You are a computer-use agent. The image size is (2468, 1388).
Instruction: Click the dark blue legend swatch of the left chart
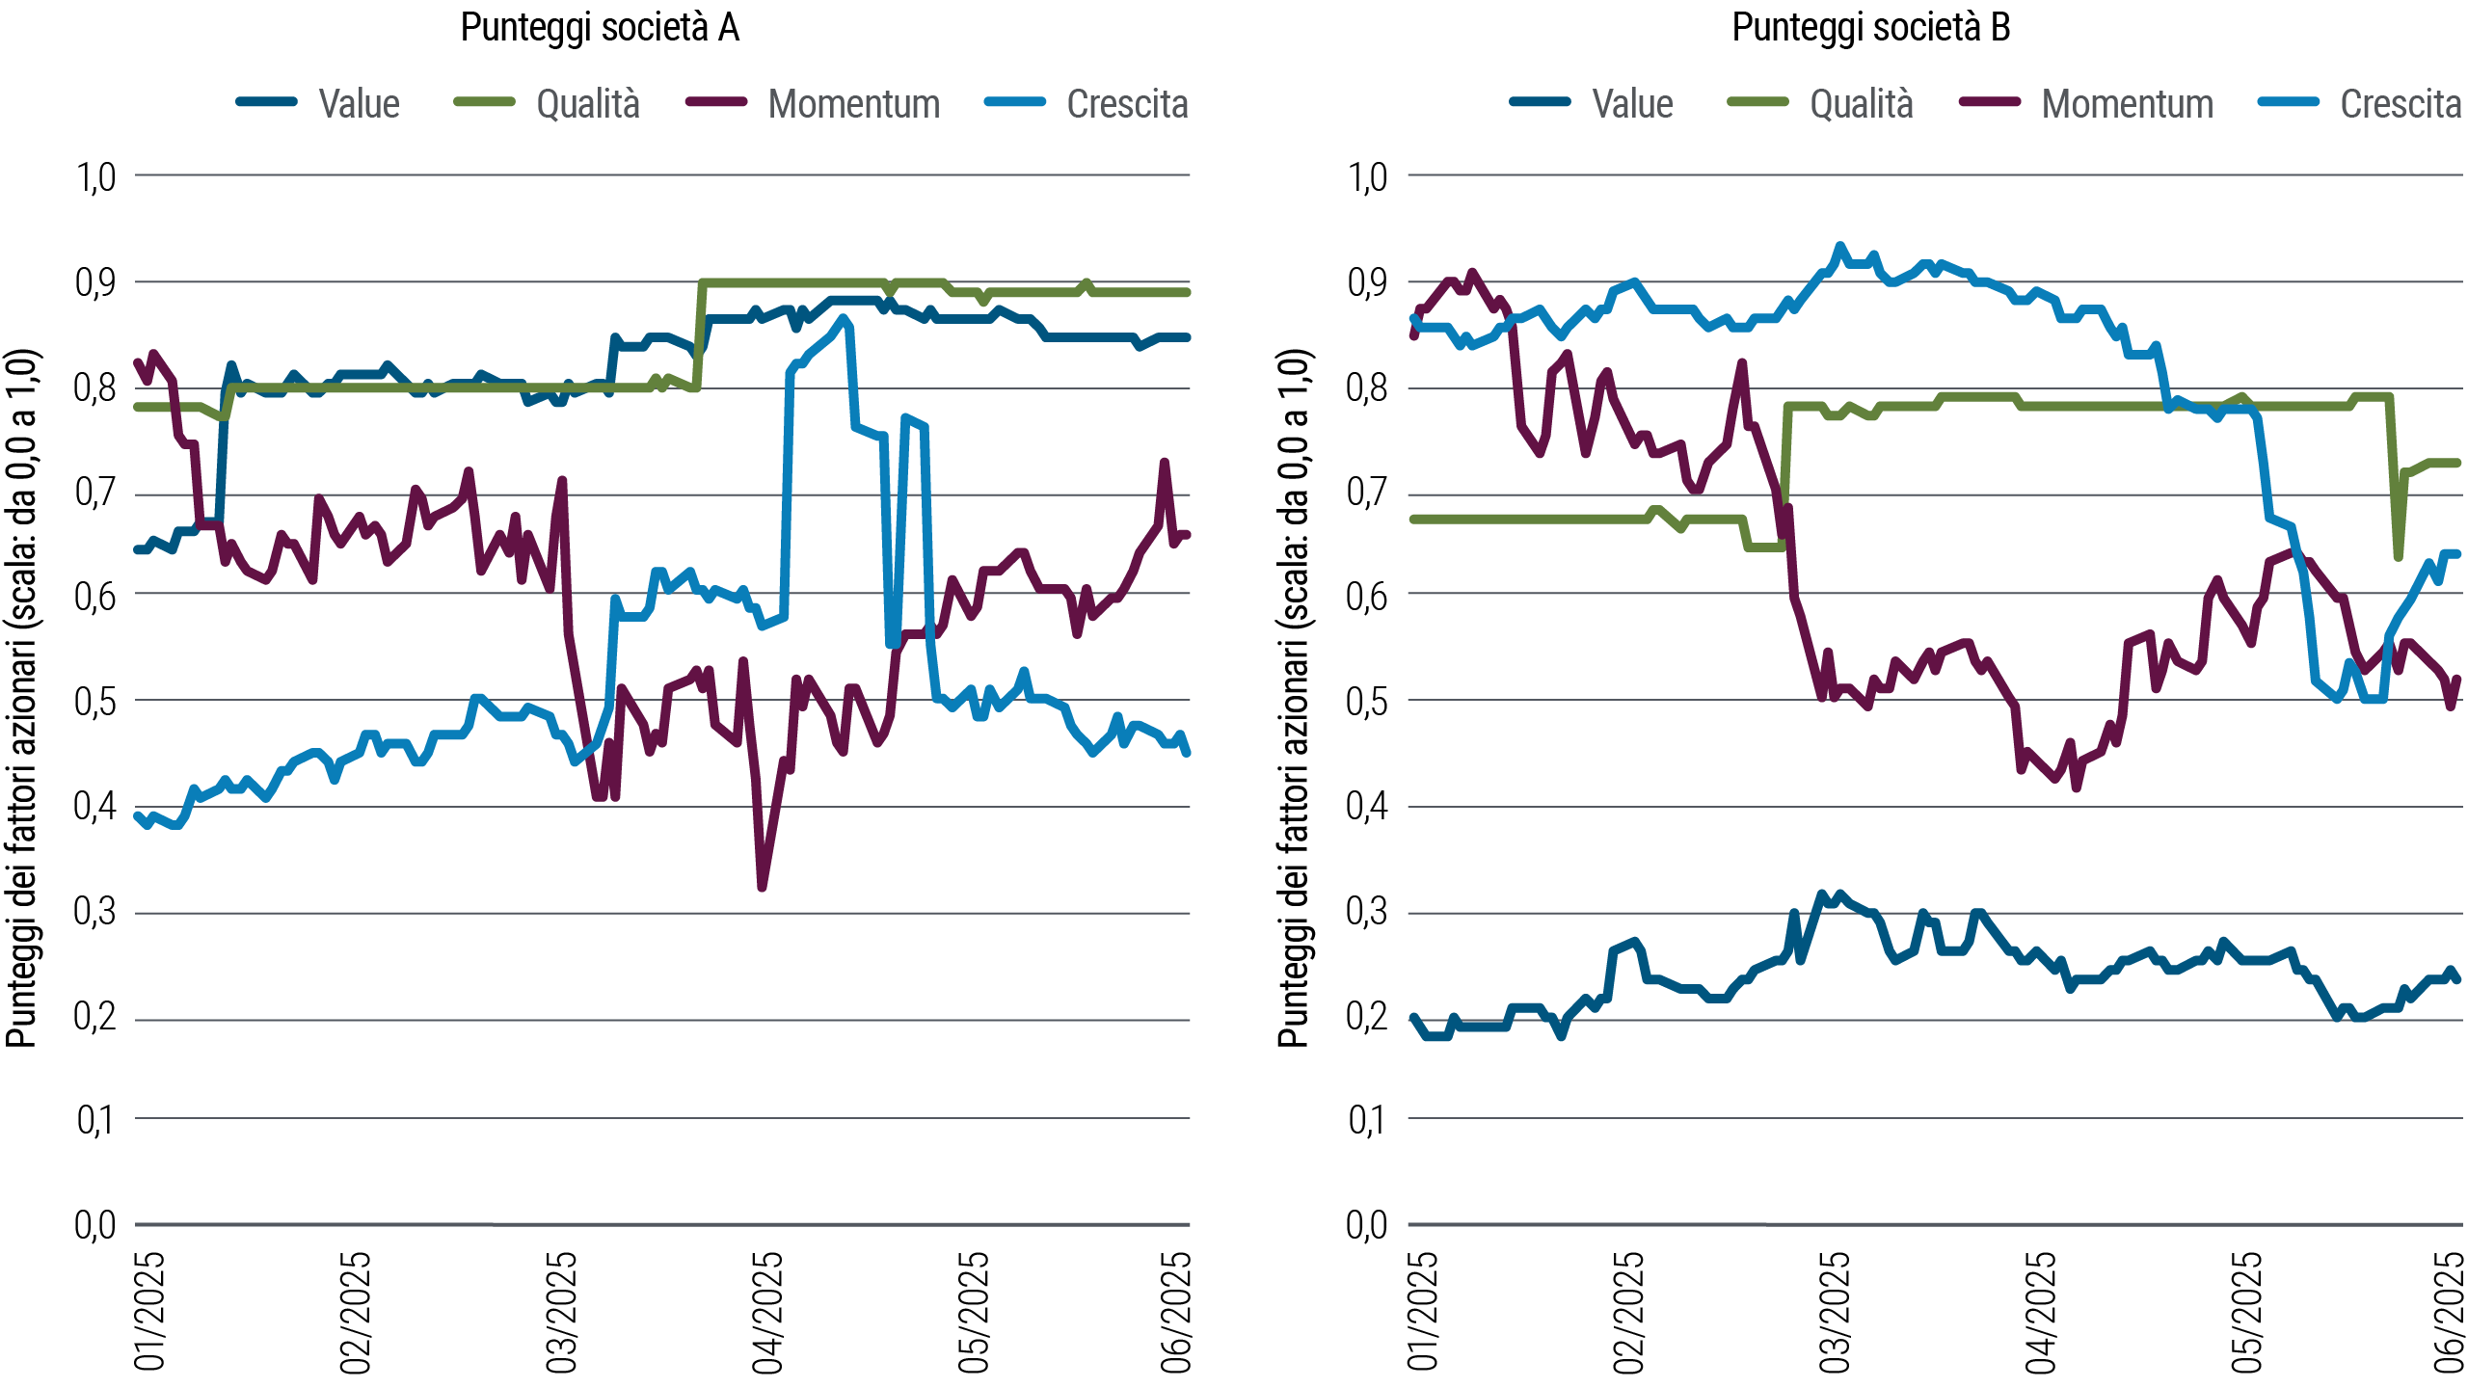point(279,101)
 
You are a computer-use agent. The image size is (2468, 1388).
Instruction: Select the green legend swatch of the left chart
point(496,101)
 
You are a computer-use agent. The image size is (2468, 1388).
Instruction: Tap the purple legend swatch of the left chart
point(727,101)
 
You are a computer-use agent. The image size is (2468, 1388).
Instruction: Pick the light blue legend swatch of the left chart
point(1026,101)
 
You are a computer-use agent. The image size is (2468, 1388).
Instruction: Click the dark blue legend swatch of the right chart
point(1552,101)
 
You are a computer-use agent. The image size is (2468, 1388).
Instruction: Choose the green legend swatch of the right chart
point(1769,101)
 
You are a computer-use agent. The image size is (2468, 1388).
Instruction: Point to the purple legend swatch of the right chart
point(2000,101)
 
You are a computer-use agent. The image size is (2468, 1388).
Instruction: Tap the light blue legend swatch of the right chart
point(2299,101)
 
